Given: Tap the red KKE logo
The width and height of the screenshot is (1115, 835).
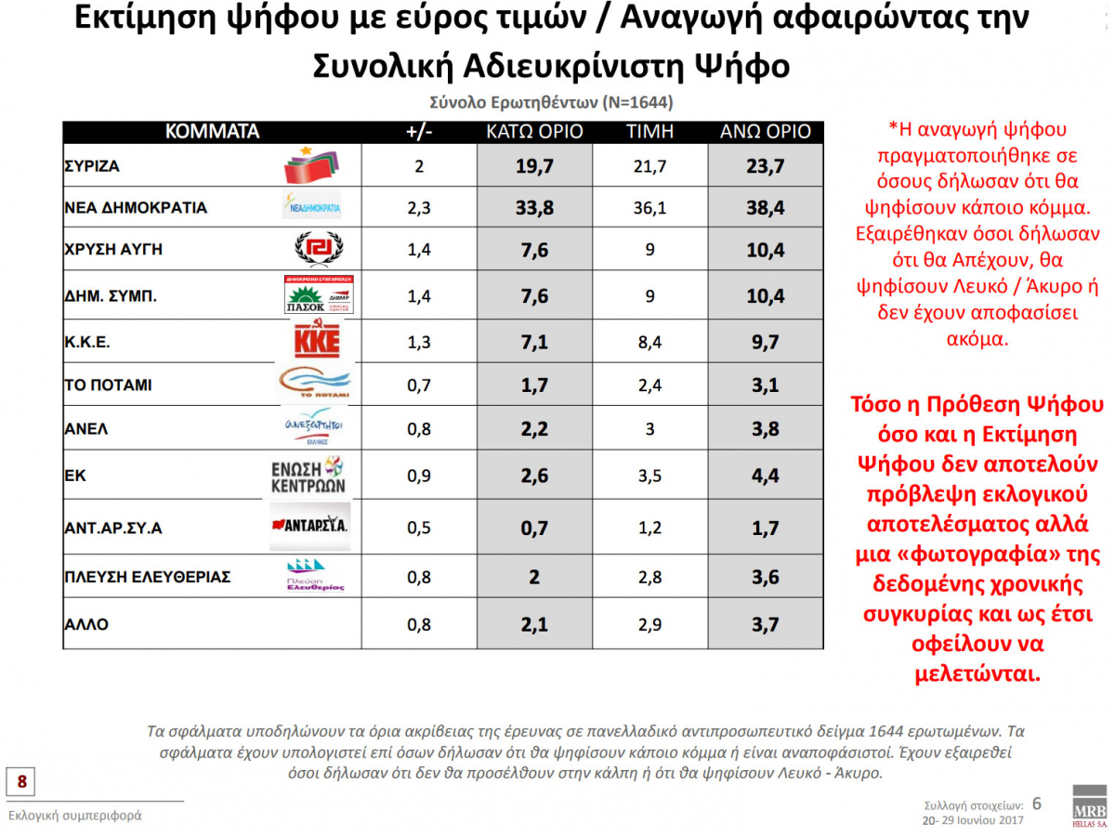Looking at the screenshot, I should [x=317, y=341].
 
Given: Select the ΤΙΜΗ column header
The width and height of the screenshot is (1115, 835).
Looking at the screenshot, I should [x=650, y=132].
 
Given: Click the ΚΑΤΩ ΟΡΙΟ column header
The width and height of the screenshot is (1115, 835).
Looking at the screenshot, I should [x=535, y=132].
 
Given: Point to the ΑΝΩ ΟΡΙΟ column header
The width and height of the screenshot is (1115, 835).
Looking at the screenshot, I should [x=766, y=132].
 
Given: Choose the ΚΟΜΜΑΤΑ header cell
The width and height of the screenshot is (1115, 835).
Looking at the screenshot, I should [x=212, y=132].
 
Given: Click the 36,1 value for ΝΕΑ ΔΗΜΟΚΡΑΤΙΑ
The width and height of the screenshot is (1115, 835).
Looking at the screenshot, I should [x=650, y=208].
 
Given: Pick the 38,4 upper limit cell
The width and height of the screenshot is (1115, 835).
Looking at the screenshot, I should [x=766, y=208].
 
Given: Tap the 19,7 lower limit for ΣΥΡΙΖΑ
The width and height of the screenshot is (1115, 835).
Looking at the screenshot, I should [x=535, y=167].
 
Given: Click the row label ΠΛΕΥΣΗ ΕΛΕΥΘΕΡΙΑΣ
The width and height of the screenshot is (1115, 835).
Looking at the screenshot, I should [x=147, y=577].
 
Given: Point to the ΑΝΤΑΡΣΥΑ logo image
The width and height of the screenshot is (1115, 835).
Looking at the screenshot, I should [x=309, y=526].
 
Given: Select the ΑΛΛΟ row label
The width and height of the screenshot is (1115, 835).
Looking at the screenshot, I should [x=86, y=624].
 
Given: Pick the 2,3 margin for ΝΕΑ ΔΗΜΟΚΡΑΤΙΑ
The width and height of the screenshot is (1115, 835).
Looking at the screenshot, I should [x=420, y=208].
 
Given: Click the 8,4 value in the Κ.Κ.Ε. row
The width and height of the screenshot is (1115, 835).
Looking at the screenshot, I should [x=650, y=342].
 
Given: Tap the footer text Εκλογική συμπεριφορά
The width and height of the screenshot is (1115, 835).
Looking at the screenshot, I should [x=75, y=815].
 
